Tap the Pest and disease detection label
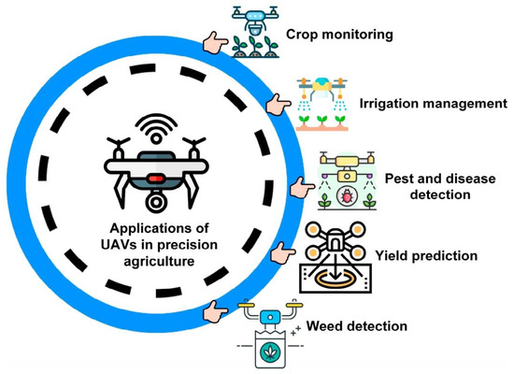tap(428, 185)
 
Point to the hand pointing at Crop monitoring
tap(216, 42)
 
